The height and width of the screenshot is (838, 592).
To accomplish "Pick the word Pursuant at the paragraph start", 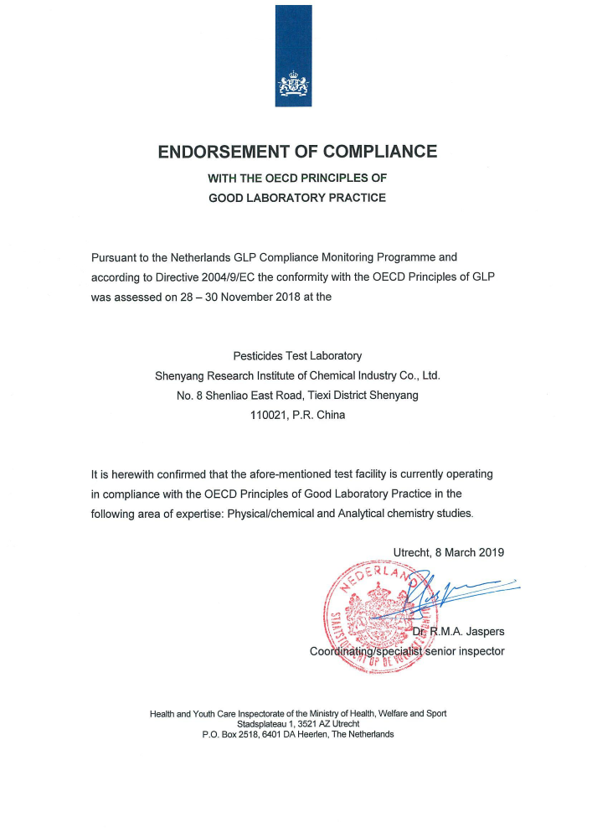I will (x=116, y=256).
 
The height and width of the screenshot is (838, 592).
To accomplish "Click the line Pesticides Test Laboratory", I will (x=297, y=355).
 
